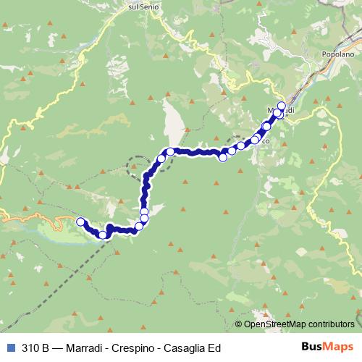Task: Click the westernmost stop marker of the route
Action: (80, 222)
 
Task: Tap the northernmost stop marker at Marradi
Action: (282, 106)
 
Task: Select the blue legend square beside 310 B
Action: (9, 347)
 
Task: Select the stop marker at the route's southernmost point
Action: (103, 235)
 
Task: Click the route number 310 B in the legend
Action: (35, 347)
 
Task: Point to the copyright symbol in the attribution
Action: (240, 324)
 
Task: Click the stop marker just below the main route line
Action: (222, 157)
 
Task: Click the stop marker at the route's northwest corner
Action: (170, 152)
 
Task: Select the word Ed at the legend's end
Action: (213, 347)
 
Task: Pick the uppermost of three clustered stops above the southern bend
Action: (144, 211)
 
